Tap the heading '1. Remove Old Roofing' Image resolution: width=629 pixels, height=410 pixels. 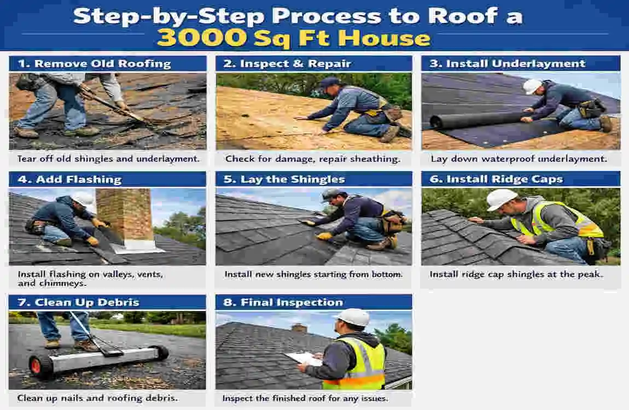[95, 63]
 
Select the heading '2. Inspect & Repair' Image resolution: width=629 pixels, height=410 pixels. [287, 63]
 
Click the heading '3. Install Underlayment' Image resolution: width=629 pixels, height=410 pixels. [507, 63]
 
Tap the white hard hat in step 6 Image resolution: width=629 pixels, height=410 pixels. [501, 199]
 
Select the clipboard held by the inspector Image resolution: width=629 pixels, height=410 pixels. [303, 359]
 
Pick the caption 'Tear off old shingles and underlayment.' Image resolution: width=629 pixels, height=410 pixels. [108, 159]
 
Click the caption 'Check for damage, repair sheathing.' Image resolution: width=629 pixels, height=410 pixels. [313, 159]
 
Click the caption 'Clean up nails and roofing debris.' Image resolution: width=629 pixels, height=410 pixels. [97, 398]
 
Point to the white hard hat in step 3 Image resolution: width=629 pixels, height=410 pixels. [532, 86]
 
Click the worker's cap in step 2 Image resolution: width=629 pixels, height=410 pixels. [330, 82]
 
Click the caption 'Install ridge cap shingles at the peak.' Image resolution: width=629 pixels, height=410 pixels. [516, 274]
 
